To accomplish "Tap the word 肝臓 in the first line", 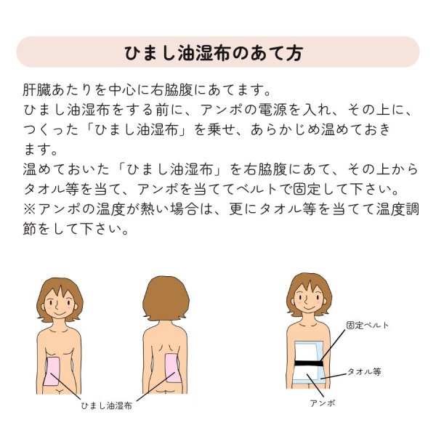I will pyautogui.click(x=37, y=93).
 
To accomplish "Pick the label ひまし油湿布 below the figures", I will pyautogui.click(x=106, y=405).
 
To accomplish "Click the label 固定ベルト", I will pyautogui.click(x=368, y=326).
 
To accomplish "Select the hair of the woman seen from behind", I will pyautogui.click(x=166, y=297).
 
